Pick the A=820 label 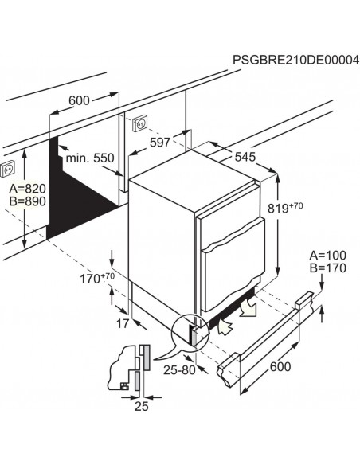27,189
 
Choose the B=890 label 27,202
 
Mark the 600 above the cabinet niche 78,100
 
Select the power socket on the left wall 10,169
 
